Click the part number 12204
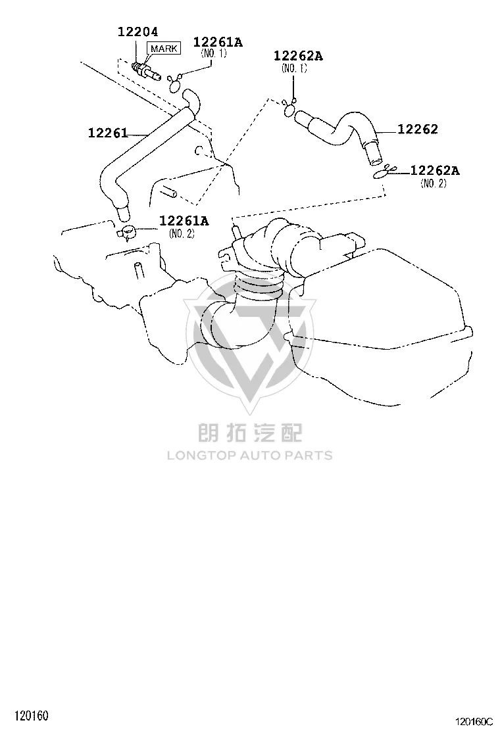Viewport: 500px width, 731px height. [x=137, y=32]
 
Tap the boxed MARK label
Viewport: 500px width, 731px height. [x=164, y=49]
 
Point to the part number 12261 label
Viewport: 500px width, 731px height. [x=108, y=133]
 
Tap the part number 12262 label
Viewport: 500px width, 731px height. [x=418, y=129]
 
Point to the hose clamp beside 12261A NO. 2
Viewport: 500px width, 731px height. [x=126, y=231]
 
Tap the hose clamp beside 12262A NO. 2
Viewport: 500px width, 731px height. [x=384, y=172]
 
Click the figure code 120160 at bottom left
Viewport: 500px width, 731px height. [x=32, y=715]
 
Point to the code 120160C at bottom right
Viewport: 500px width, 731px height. [x=474, y=722]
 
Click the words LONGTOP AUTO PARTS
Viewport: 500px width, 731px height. [x=250, y=456]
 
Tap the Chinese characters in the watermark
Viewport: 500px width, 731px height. [x=250, y=432]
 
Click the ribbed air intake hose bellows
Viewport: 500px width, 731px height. [x=259, y=283]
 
